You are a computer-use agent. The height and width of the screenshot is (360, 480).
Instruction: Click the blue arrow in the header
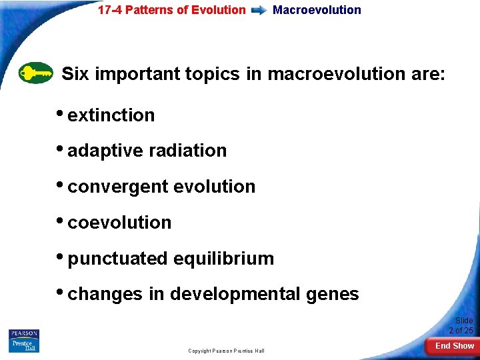click(x=259, y=10)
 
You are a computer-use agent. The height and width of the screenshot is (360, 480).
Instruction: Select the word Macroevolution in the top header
click(x=317, y=10)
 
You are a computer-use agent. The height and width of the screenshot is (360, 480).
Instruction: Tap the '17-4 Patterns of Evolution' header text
click(x=171, y=10)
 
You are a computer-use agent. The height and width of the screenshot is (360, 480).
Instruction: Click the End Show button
click(x=454, y=346)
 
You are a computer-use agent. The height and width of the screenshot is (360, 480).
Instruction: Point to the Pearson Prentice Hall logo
click(x=24, y=341)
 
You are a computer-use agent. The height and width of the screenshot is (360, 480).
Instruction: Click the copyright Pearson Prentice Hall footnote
click(x=226, y=351)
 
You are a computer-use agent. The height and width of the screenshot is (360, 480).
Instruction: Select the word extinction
click(x=111, y=115)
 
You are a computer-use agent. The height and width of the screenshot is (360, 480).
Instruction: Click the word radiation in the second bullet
click(x=189, y=151)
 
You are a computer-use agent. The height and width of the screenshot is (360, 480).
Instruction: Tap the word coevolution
click(x=119, y=223)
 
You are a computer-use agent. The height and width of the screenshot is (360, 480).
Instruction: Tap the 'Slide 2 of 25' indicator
click(x=461, y=325)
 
